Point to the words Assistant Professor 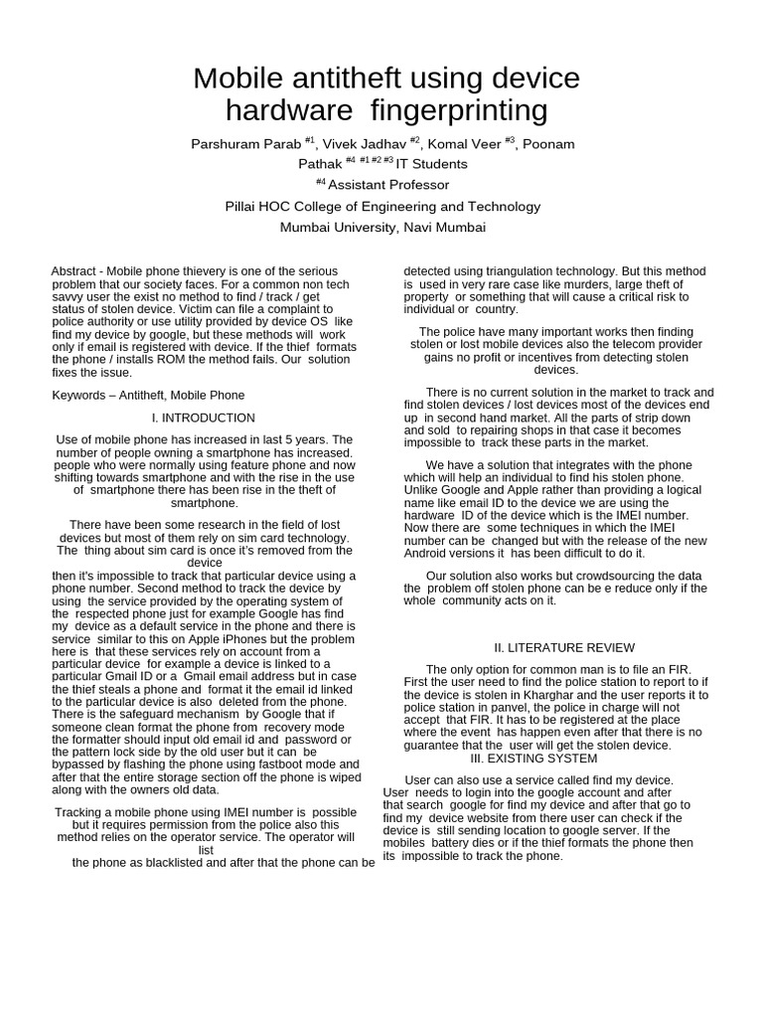pyautogui.click(x=388, y=185)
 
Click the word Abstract pyautogui.click(x=74, y=271)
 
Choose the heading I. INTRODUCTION pyautogui.click(x=204, y=419)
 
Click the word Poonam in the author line pyautogui.click(x=548, y=144)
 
